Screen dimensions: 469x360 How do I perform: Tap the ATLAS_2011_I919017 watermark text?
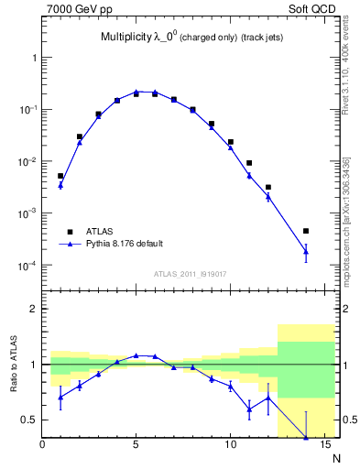189,273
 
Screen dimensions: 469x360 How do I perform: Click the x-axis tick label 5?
136,446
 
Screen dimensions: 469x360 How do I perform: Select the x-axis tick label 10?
230,446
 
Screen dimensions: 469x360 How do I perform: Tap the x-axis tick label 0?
42,446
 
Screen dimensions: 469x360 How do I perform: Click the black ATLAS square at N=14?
306,231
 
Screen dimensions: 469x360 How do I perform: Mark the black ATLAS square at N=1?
60,176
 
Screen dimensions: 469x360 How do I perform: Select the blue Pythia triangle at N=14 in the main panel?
306,252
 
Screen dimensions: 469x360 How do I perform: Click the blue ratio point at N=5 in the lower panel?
136,355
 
